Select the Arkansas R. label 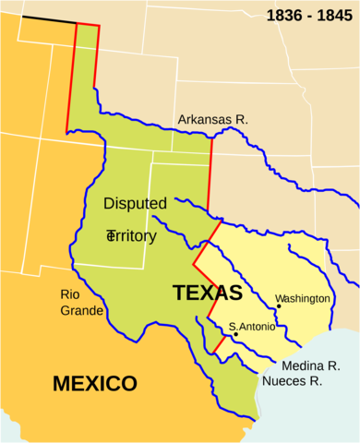(x=213, y=120)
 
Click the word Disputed (x=135, y=203)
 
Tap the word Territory (x=132, y=236)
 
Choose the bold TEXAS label (x=207, y=293)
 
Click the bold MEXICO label (x=94, y=383)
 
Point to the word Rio (x=71, y=294)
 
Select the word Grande (x=81, y=310)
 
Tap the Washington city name (x=303, y=298)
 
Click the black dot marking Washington (x=279, y=306)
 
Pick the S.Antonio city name (x=252, y=326)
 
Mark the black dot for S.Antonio (x=235, y=334)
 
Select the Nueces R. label (x=292, y=380)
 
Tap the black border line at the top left (x=49, y=20)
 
